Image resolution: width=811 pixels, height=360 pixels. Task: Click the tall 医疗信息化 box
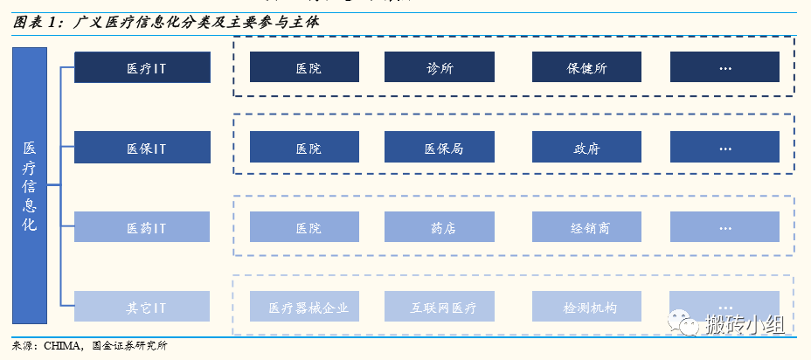pos(30,185)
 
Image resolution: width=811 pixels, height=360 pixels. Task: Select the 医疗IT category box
pos(142,67)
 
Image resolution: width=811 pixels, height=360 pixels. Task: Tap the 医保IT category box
pos(142,148)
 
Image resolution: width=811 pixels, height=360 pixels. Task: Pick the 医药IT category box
pos(142,227)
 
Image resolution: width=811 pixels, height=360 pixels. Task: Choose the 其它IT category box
pos(142,307)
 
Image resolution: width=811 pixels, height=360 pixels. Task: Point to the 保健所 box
pos(586,67)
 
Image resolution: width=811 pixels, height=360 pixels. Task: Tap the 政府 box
pos(586,148)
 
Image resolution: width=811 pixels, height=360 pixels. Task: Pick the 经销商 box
pos(586,227)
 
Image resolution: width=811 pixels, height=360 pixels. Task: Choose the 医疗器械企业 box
pos(306,307)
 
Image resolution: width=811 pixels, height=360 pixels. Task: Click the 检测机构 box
pos(586,307)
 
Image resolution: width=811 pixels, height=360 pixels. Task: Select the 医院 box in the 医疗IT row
pos(306,67)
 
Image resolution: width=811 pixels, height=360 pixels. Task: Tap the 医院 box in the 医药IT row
pos(306,227)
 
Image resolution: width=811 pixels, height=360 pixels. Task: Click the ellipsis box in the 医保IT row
pos(724,148)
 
